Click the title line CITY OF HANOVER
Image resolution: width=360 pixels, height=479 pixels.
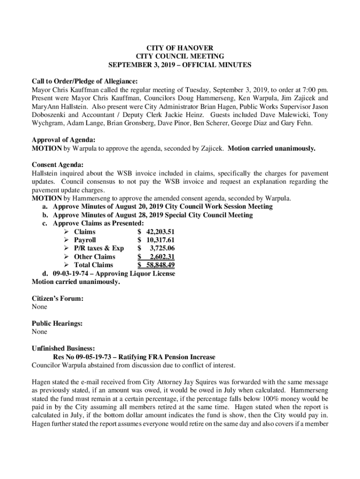(180, 48)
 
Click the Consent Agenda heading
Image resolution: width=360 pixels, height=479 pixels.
(58, 165)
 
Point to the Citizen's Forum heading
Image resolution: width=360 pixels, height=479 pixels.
(58, 298)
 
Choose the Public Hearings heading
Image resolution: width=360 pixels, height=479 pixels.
(57, 323)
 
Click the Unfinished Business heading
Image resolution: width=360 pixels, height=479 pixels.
(63, 348)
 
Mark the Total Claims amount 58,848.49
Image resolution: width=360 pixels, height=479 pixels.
(160, 265)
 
